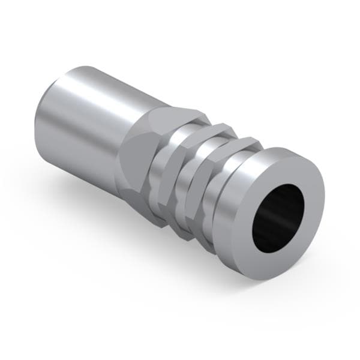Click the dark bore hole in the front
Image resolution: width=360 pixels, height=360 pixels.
(x=278, y=217)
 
